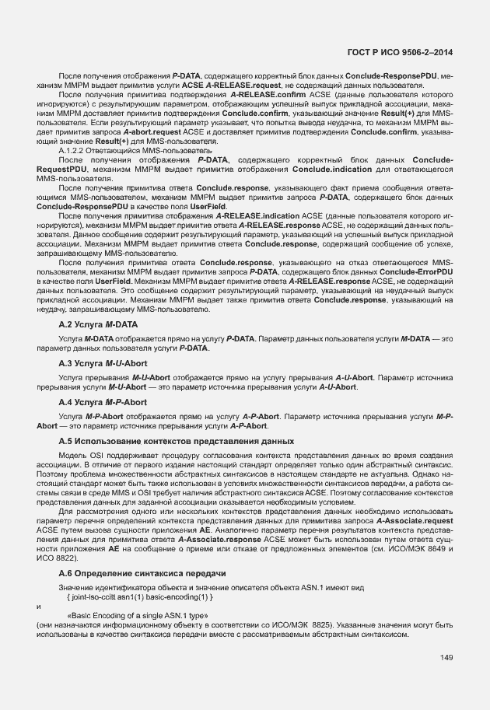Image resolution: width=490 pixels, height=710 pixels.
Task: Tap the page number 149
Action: point(446,659)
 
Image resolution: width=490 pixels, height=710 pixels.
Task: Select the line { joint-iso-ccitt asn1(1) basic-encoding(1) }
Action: point(140,596)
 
